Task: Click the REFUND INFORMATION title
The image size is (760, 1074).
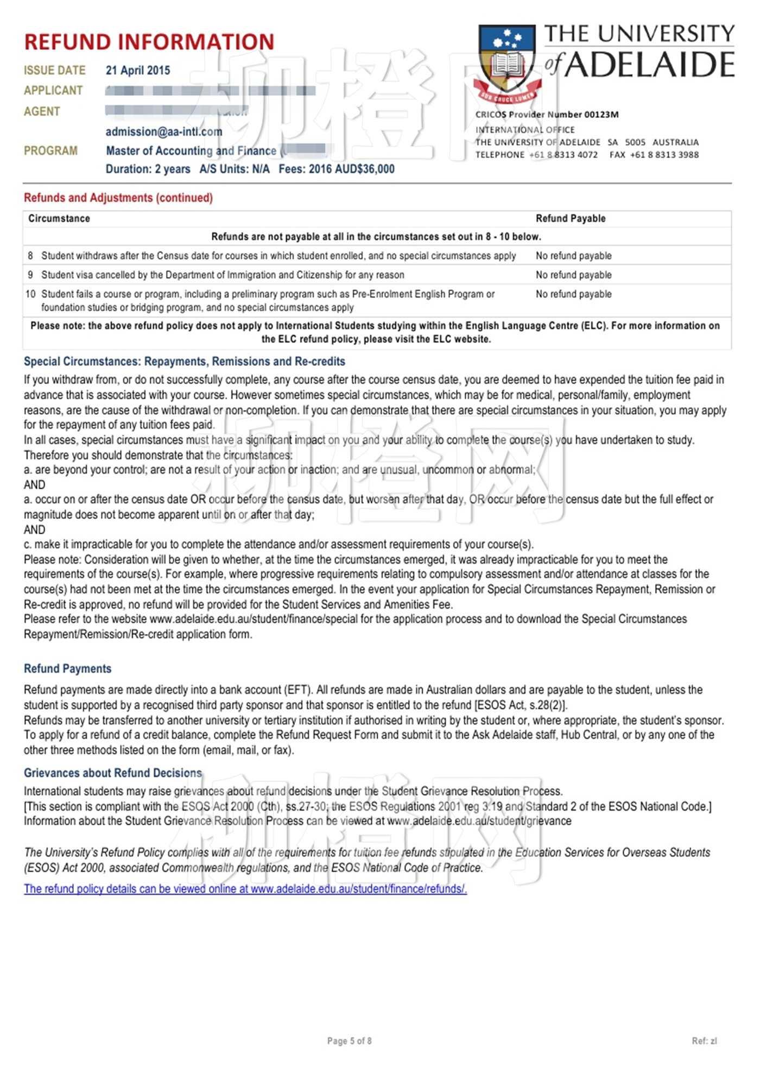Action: (x=149, y=42)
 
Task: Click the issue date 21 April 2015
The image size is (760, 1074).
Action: (x=138, y=71)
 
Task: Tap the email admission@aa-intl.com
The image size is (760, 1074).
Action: (x=164, y=132)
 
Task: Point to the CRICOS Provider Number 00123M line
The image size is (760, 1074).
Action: (x=547, y=115)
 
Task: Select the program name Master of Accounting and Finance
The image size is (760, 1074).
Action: (x=191, y=151)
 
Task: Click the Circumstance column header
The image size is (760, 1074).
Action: (x=59, y=219)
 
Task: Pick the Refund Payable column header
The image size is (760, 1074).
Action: (x=571, y=219)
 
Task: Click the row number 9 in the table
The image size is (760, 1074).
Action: (x=30, y=275)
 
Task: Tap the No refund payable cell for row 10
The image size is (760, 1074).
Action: (x=574, y=294)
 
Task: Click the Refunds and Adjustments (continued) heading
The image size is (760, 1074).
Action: (x=118, y=198)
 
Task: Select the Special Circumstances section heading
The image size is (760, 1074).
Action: (x=185, y=362)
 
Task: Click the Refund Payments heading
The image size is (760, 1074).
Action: (x=68, y=669)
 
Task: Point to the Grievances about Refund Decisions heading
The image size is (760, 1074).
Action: (x=113, y=773)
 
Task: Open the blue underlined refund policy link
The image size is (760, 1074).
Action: (x=245, y=889)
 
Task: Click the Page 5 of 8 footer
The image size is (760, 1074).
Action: (x=350, y=1041)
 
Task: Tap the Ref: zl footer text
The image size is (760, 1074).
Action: (x=704, y=1041)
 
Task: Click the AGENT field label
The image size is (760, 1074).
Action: (x=42, y=112)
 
